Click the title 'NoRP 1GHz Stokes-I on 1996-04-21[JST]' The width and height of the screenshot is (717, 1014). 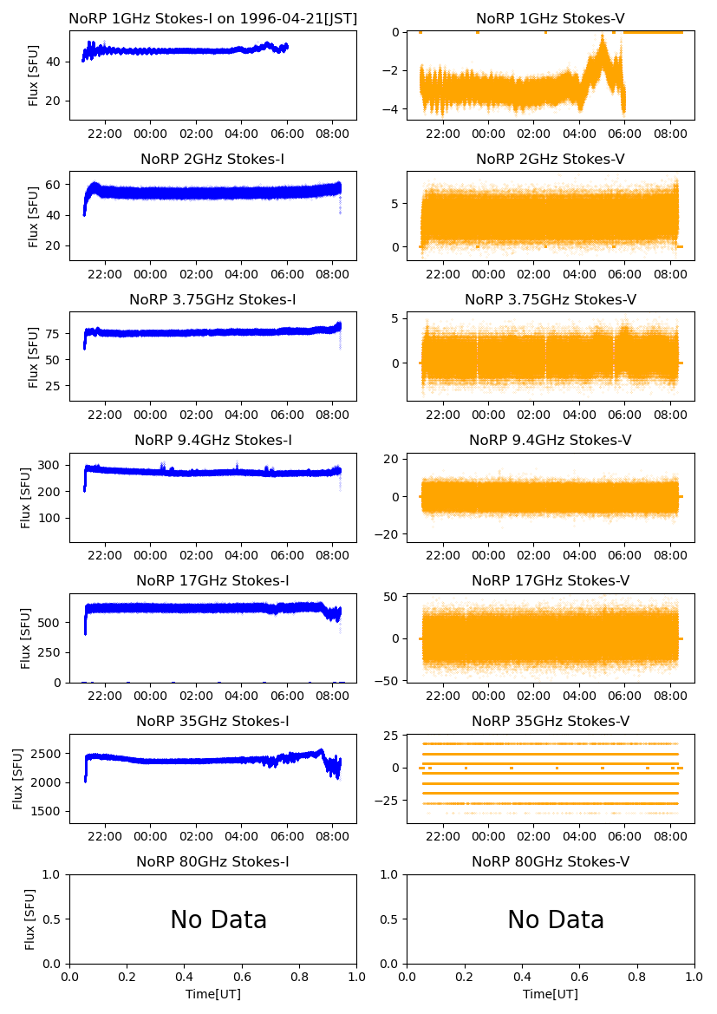213,19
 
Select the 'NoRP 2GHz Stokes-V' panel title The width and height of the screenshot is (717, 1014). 551,160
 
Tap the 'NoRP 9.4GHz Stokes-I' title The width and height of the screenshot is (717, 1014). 213,441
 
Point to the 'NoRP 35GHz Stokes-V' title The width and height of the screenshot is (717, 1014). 551,722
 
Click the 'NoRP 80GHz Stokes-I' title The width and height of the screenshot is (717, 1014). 213,862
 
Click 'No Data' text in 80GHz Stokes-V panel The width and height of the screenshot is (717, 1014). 556,920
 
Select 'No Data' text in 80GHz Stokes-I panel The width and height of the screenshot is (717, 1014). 218,920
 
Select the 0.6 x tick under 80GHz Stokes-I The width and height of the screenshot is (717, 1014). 242,978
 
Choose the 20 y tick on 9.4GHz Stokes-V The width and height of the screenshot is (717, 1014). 390,459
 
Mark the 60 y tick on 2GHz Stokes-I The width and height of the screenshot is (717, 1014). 55,185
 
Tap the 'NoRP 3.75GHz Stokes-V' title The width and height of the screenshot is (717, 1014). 551,300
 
